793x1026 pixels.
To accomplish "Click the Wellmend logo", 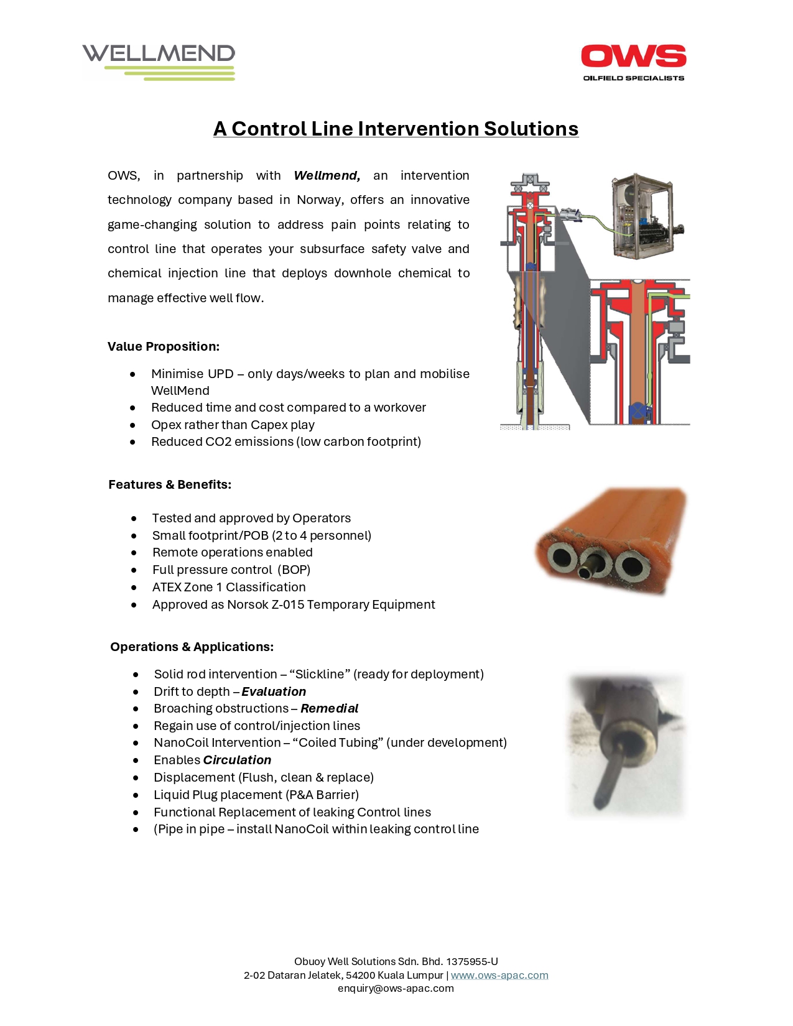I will (x=159, y=61).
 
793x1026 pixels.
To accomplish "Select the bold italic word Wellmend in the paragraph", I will (x=327, y=176).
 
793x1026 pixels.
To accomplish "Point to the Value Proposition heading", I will (x=164, y=346).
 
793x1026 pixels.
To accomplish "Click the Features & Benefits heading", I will (x=170, y=484).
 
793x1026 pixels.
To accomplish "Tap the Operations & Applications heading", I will (x=192, y=647).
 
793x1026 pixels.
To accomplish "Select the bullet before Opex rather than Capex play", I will (x=133, y=425).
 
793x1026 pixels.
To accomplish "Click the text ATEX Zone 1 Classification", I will (x=229, y=587).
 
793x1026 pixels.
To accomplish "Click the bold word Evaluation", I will (x=274, y=691).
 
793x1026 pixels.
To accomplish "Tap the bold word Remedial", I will (x=329, y=708).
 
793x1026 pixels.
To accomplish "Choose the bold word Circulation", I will (x=237, y=760).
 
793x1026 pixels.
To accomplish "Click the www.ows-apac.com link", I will (x=499, y=975).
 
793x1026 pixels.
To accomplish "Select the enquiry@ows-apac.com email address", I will (x=396, y=988).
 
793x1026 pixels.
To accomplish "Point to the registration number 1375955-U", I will (x=472, y=961).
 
